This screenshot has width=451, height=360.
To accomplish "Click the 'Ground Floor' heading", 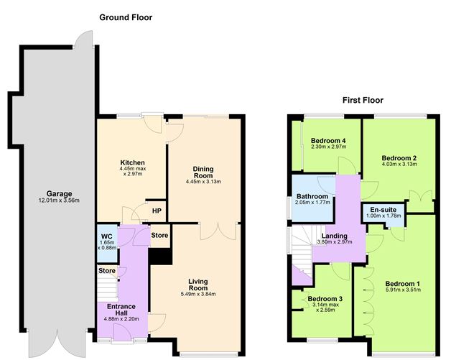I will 125,17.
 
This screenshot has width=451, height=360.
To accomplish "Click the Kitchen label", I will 133,163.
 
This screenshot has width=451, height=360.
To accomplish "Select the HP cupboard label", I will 156,211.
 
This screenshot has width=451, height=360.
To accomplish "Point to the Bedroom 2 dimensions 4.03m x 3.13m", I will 399,165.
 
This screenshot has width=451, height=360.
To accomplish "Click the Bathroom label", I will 312,196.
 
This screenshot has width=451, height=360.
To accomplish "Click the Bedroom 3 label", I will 325,299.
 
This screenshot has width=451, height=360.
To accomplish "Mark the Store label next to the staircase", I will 106,271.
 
